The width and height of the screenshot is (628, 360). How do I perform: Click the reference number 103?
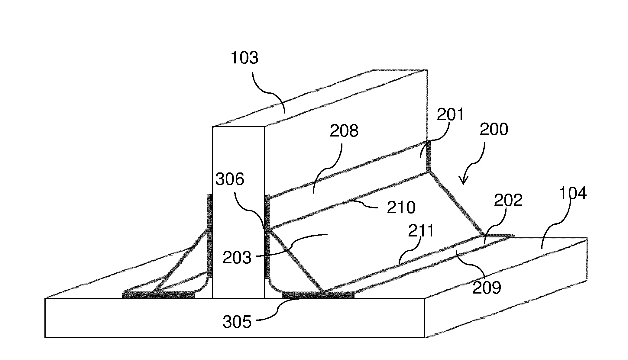click(x=244, y=58)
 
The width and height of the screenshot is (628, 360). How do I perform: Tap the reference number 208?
click(x=344, y=131)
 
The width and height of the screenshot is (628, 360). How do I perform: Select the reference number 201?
click(x=450, y=115)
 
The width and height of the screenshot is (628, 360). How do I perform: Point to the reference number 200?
click(x=494, y=129)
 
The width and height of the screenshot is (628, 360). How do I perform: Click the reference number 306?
click(x=230, y=179)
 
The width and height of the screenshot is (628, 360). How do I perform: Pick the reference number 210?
click(x=401, y=208)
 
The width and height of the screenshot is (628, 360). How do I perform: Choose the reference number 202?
click(x=508, y=200)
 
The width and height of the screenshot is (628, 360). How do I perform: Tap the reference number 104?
click(x=573, y=193)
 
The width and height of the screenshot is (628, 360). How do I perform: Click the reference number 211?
click(x=421, y=231)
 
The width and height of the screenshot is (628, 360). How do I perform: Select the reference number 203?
click(x=237, y=258)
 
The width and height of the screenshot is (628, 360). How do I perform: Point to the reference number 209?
click(x=487, y=288)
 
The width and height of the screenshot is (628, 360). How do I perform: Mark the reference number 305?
click(x=237, y=322)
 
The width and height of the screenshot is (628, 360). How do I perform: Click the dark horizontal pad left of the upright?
click(x=158, y=294)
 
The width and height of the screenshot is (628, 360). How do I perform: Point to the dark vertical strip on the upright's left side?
click(x=209, y=236)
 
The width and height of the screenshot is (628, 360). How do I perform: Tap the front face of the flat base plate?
click(x=235, y=318)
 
